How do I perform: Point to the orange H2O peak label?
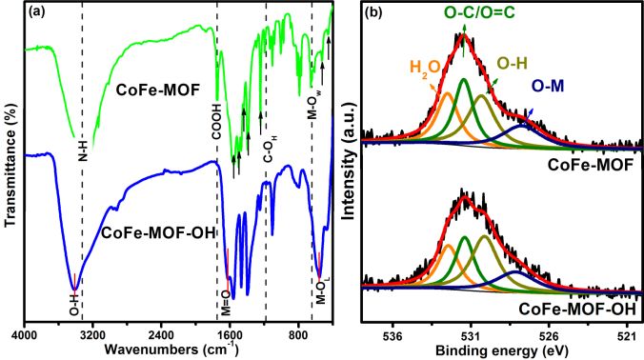click(x=425, y=67)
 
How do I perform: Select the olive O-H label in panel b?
click(x=514, y=63)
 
